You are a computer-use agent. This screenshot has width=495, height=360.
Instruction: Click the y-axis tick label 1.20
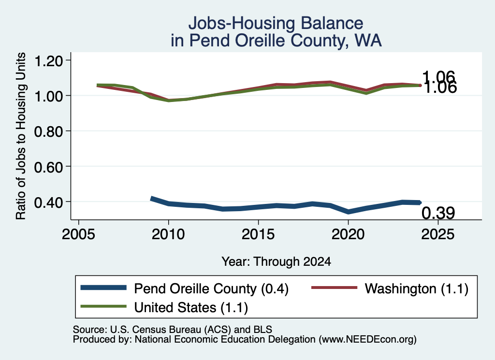click(x=48, y=61)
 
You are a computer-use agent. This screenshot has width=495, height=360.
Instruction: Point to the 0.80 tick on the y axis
click(x=48, y=131)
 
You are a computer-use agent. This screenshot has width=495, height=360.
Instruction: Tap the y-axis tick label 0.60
click(x=48, y=167)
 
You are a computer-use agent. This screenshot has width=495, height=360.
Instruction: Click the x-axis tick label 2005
click(x=79, y=234)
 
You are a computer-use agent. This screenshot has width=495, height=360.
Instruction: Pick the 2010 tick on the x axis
click(x=168, y=234)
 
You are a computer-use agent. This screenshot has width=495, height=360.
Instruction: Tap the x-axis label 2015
click(x=258, y=234)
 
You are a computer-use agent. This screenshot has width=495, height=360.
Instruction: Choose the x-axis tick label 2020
click(x=348, y=234)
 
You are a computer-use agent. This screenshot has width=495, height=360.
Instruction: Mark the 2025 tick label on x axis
click(x=438, y=234)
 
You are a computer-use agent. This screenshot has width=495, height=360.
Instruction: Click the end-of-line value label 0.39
click(x=438, y=213)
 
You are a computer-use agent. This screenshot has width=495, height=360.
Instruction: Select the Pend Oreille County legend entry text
click(x=211, y=288)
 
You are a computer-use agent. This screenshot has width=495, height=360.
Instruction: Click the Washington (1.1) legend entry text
click(x=416, y=288)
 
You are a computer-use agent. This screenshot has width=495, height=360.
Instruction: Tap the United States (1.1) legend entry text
click(x=191, y=307)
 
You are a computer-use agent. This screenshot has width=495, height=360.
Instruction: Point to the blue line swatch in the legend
click(x=103, y=288)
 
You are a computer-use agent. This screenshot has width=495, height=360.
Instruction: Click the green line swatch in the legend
click(x=103, y=306)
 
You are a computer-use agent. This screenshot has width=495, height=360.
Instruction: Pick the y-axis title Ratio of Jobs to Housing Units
click(x=20, y=136)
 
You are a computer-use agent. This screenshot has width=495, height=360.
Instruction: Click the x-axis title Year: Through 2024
click(x=276, y=261)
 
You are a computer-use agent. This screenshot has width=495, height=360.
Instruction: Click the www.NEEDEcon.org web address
click(x=367, y=340)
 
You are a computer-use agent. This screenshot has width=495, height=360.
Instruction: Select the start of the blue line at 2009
click(x=152, y=199)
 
